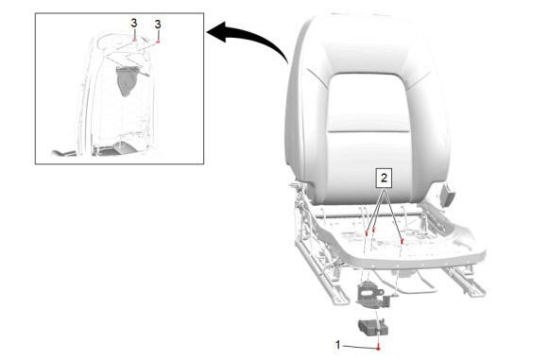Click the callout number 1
337,345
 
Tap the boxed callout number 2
384,178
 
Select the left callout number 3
134,24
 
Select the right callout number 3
158,25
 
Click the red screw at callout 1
379,348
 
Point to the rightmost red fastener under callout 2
402,240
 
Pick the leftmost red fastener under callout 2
367,233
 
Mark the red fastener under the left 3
134,41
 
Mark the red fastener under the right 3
158,42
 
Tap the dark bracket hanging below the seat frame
369,293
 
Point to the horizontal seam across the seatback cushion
368,131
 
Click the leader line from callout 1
360,347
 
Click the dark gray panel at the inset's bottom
114,149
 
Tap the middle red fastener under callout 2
374,230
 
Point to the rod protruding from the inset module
144,73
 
